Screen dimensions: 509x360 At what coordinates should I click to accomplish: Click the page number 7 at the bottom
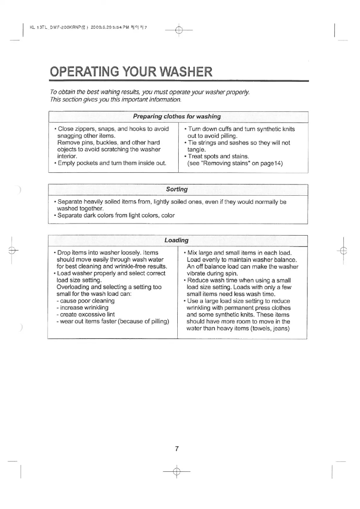(177, 448)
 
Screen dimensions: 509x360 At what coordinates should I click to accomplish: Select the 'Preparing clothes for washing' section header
(177, 117)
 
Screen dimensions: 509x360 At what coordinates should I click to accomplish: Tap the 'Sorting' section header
(177, 189)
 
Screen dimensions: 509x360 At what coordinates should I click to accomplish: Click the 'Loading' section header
(176, 241)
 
